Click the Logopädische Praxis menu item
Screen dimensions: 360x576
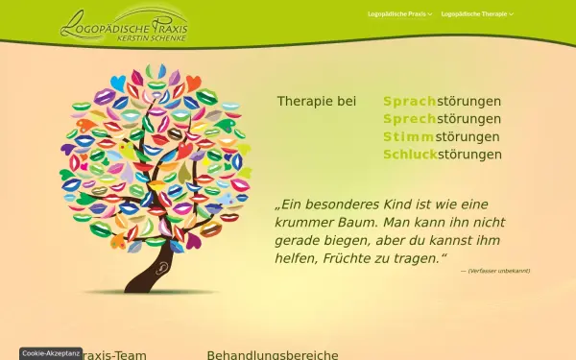[x=397, y=14]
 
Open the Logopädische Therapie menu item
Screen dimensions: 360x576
[x=475, y=14]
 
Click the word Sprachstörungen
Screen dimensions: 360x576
[x=442, y=101]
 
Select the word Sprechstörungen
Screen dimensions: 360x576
[x=442, y=119]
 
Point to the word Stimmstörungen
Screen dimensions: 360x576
[x=442, y=136]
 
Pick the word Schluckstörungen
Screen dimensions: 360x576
[x=442, y=155]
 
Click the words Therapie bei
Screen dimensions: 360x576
[x=317, y=101]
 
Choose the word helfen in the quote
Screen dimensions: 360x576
[x=298, y=258]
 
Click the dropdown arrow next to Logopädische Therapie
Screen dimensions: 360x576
[x=512, y=14]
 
